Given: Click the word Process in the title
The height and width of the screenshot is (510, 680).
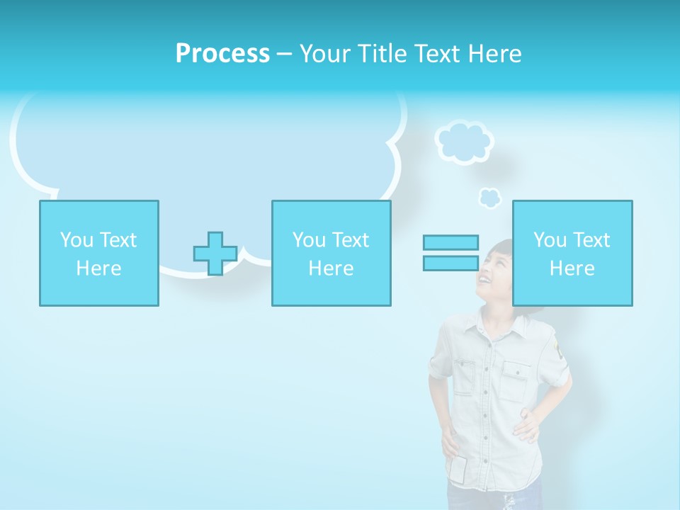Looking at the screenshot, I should tap(222, 54).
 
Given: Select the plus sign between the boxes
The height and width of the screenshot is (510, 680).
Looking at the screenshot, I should tap(215, 254).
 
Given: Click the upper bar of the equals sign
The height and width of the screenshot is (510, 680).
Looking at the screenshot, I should tap(450, 242).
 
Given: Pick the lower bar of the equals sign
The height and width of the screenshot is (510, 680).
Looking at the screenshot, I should tap(450, 263).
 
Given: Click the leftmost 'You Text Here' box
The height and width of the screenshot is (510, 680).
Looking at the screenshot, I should tap(99, 253).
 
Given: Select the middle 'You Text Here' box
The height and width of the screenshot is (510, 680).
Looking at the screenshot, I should tap(331, 253).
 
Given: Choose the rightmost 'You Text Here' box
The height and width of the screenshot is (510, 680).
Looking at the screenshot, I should tap(572, 253).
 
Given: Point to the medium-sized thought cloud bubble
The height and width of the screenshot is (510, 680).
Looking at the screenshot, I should tap(464, 142).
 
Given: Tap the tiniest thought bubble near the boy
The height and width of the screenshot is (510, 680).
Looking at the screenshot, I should tap(489, 198).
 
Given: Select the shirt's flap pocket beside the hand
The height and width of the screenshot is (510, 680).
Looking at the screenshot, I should tap(516, 379).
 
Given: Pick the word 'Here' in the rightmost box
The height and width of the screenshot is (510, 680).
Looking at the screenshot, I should tap(572, 268).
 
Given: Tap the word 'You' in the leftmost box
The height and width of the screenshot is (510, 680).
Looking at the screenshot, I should tap(76, 240).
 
